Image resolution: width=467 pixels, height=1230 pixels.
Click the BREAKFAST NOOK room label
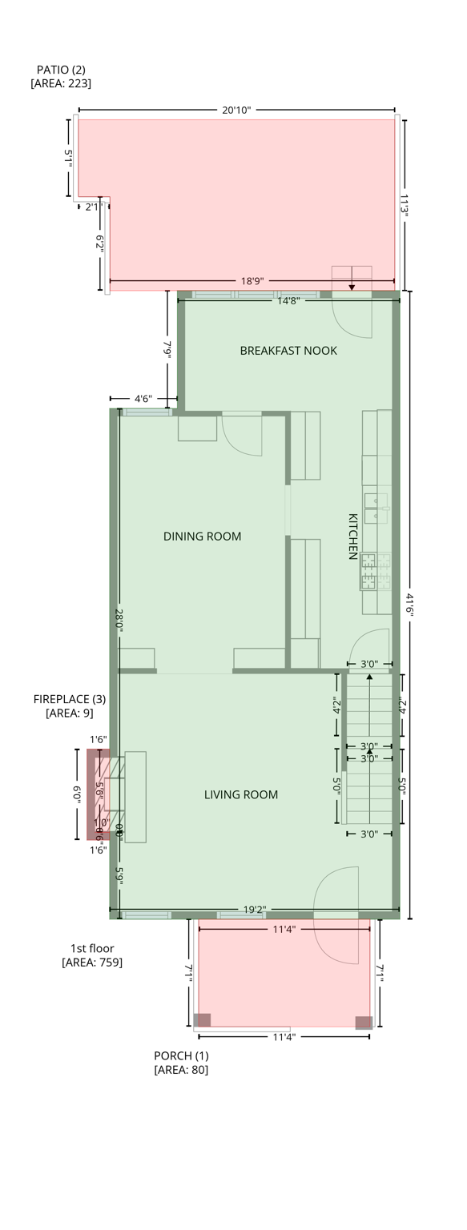[x=288, y=351]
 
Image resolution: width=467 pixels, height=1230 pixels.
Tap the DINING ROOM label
[x=202, y=537]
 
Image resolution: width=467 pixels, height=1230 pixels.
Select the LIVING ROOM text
[x=241, y=795]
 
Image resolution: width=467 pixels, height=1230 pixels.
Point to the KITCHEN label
[x=352, y=537]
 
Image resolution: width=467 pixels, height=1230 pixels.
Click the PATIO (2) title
[x=61, y=70]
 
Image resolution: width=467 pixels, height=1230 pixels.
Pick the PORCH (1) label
[x=181, y=1055]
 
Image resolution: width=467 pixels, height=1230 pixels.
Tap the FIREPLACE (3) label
[x=69, y=699]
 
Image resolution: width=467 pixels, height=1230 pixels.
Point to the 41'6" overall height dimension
[x=410, y=605]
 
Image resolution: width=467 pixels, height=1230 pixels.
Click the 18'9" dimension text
[x=252, y=281]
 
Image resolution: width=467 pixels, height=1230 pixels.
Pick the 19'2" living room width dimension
[x=254, y=910]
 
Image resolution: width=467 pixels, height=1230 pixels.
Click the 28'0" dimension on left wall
[x=119, y=621]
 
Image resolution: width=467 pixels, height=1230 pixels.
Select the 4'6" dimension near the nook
[x=143, y=398]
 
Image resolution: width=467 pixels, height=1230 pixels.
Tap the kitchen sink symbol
[x=376, y=508]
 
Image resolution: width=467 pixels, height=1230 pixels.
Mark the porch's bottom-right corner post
[x=364, y=1022]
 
